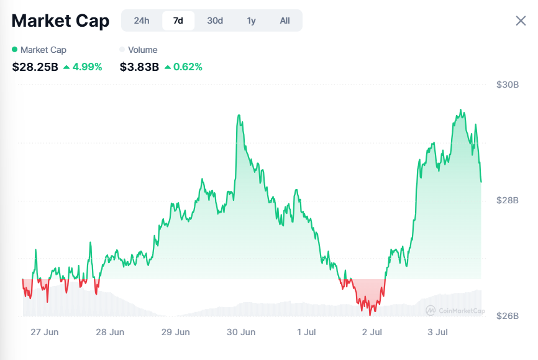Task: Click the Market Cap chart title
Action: tap(60, 21)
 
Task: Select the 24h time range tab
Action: tap(142, 21)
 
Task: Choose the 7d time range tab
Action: tap(178, 21)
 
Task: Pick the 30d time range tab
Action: tap(215, 21)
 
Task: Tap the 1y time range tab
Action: tap(251, 21)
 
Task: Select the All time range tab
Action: tap(285, 21)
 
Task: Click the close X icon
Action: tap(521, 21)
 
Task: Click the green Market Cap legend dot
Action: tap(15, 49)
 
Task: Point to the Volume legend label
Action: tap(142, 50)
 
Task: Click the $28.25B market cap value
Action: tap(35, 67)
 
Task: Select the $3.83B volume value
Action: tap(139, 67)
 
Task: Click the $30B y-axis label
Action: tap(508, 85)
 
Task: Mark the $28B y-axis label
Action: tap(508, 200)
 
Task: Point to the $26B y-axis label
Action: tap(508, 316)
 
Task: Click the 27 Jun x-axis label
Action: tap(45, 332)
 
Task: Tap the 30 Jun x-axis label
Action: tap(241, 332)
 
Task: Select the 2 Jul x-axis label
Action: tap(372, 332)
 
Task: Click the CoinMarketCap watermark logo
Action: tap(455, 310)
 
